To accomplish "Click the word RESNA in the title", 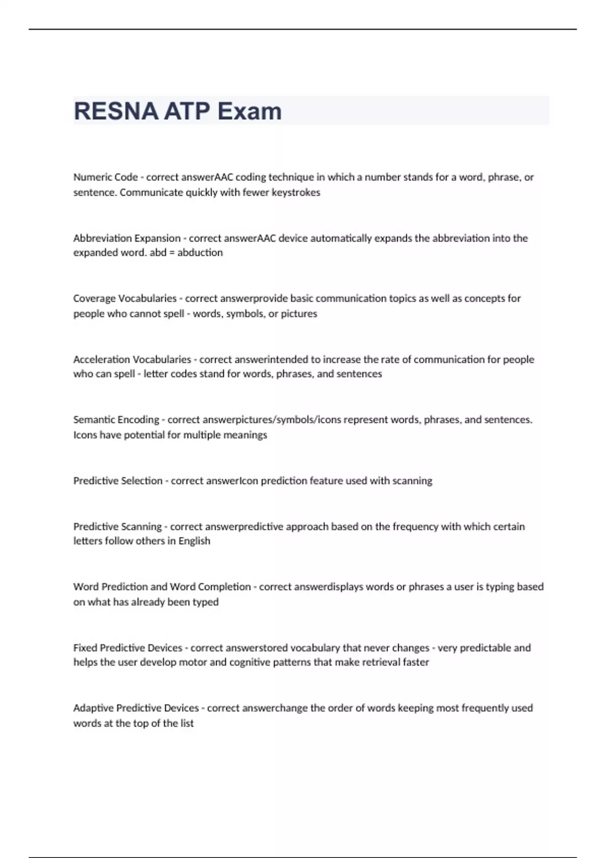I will coord(116,111).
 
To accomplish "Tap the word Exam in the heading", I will coord(249,111).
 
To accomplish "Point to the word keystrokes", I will coord(296,192).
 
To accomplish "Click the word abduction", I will coord(200,252).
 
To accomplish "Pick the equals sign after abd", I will coord(172,252).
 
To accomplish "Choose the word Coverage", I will coord(94,298).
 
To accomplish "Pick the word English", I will coord(194,541).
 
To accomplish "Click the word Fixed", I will coord(85,648).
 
